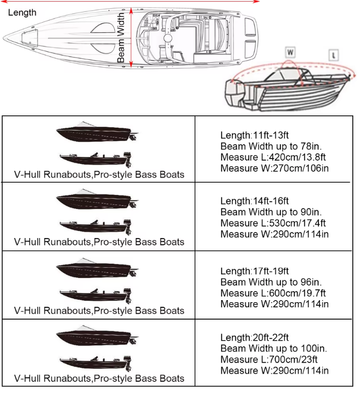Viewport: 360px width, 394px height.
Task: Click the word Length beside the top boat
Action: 22,12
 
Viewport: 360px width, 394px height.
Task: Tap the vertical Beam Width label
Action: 121,37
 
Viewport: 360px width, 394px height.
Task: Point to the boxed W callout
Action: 290,52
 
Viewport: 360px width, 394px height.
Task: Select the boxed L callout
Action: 334,55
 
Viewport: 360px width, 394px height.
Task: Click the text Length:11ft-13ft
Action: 254,135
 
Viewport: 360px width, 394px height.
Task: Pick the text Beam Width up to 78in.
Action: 271,146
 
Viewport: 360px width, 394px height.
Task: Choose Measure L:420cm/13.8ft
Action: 273,157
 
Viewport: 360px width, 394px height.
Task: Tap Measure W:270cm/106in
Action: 274,168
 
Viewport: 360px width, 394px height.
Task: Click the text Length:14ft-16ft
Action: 254,201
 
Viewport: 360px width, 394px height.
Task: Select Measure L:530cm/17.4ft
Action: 273,223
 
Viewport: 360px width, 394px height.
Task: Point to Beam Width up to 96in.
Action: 271,282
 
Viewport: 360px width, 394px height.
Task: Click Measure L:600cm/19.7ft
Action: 273,293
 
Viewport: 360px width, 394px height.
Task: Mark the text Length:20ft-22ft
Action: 254,338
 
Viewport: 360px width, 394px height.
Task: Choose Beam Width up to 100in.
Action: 273,348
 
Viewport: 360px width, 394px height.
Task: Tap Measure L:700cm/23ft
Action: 269,360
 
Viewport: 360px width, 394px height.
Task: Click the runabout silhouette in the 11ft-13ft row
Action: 97,132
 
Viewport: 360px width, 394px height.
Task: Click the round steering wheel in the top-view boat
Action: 168,38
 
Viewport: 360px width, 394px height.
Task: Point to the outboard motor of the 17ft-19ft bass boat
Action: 127,296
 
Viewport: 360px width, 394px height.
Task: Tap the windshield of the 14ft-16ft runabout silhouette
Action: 86,192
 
